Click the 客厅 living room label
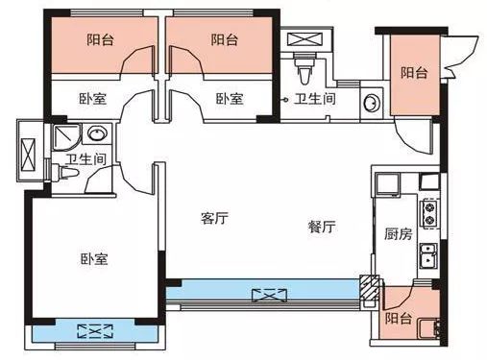point(214,218)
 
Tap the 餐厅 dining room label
point(322,227)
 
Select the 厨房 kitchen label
point(399,234)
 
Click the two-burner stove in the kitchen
point(429,213)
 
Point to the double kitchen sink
point(428,255)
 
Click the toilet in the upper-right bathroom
point(304,70)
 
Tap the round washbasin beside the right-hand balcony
point(372,103)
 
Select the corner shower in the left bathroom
point(66,137)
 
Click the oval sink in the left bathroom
point(97,133)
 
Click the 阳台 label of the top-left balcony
point(100,40)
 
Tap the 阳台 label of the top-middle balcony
point(224,40)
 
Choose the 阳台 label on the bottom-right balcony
point(399,319)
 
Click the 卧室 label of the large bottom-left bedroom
point(94,258)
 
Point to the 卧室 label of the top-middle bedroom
point(230,99)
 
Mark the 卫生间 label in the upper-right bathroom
point(315,99)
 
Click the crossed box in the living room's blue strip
point(269,295)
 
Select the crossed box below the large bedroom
point(95,331)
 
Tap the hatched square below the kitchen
point(370,287)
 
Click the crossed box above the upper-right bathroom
point(302,39)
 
